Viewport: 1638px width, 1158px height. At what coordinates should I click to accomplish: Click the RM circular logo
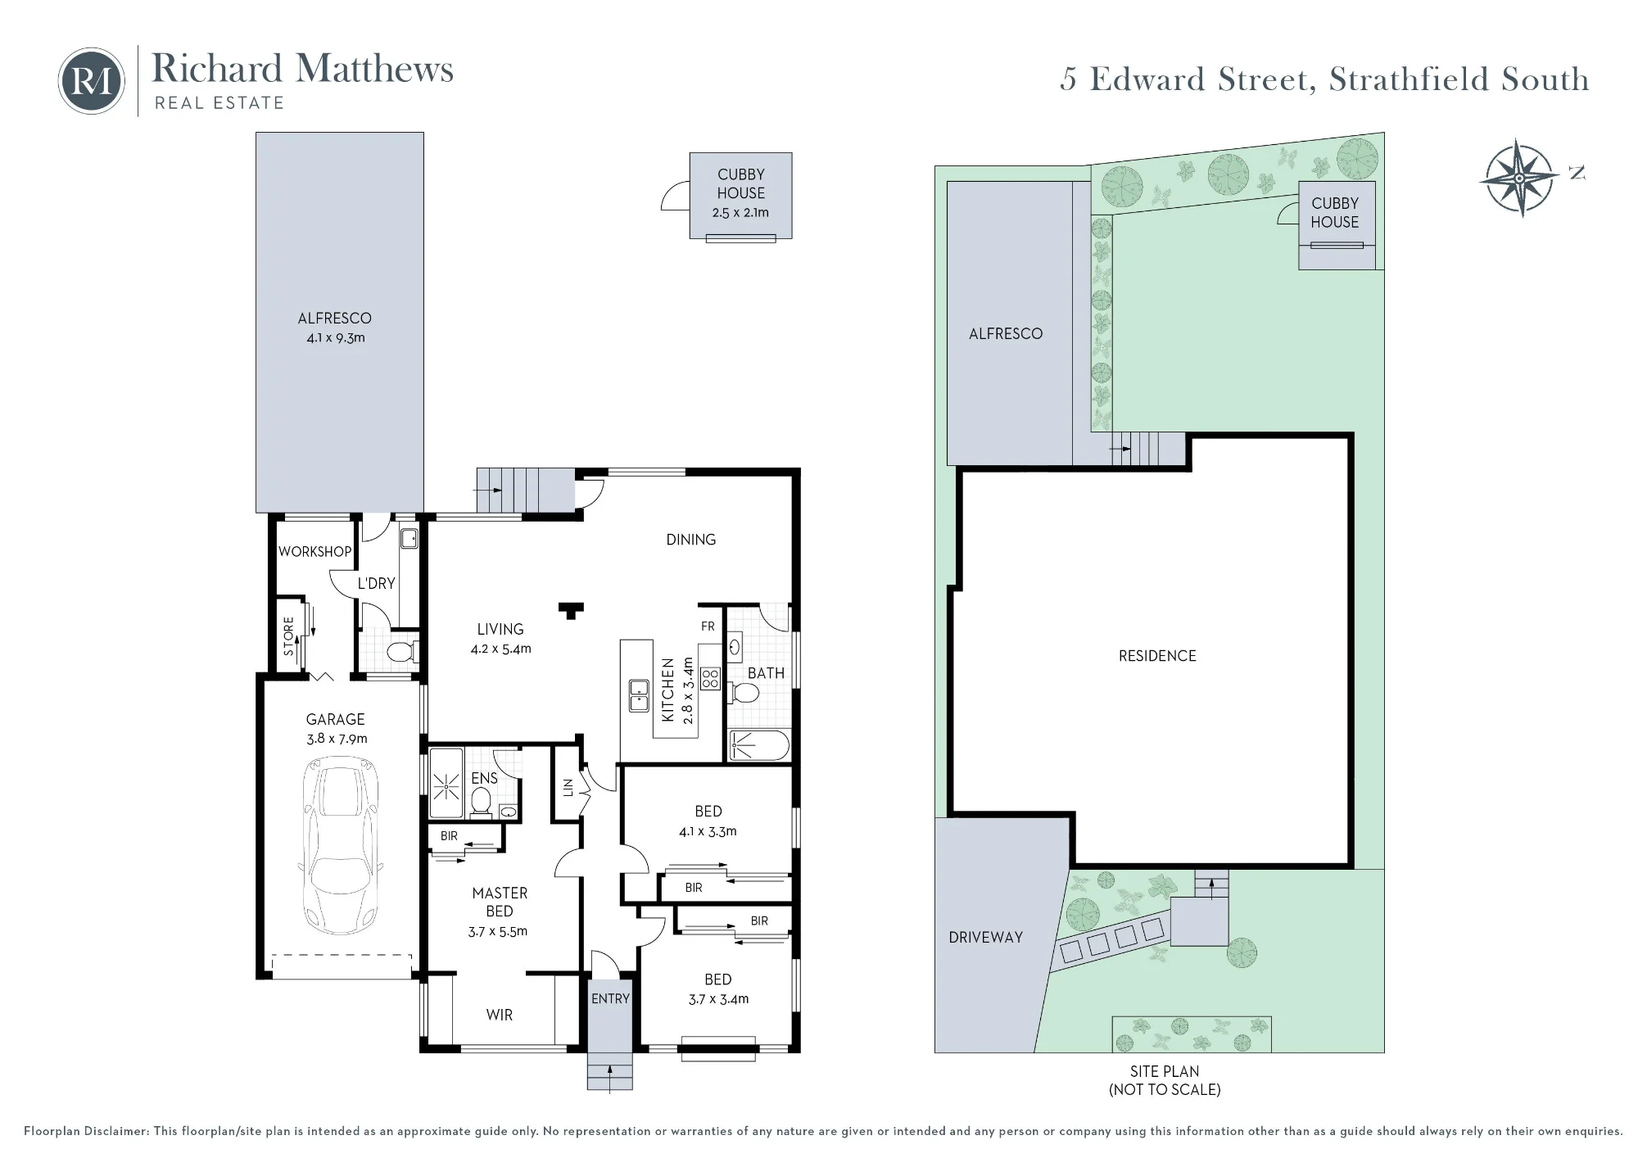91,81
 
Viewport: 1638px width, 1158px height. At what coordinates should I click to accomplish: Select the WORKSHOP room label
314,552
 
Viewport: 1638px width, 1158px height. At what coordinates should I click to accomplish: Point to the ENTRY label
610,999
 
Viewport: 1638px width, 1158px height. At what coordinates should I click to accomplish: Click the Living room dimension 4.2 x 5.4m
500,649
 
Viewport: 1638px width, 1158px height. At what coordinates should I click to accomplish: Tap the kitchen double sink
639,695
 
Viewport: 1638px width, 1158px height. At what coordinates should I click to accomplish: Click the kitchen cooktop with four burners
710,678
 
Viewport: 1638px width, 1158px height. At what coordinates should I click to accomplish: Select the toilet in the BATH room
744,694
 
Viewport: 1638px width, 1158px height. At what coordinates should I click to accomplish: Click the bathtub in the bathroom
759,745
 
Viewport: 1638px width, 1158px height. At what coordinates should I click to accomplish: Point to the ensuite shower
446,783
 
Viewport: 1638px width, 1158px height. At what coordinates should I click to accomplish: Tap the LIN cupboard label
568,787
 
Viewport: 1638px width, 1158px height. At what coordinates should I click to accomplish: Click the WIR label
500,1016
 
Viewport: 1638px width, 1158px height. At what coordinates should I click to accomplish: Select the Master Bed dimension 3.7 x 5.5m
498,932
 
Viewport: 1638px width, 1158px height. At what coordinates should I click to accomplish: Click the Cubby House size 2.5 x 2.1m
740,213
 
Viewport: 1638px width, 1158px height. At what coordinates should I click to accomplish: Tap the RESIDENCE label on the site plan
1157,656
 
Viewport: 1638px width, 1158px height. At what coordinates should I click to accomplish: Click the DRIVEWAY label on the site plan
986,938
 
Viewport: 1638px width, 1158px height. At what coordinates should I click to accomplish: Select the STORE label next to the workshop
289,636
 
